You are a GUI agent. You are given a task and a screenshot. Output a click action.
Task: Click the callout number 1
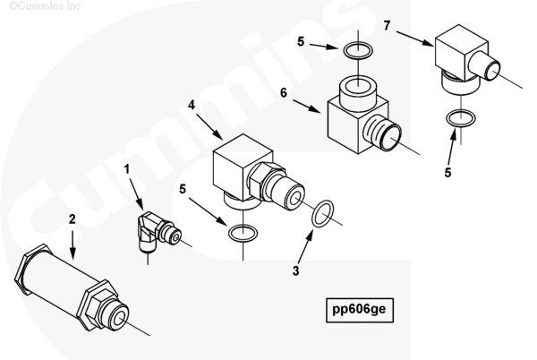tap(127, 169)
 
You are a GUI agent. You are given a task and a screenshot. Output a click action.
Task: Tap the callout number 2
tap(72, 219)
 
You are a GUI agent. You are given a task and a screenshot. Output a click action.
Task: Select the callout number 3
tap(296, 270)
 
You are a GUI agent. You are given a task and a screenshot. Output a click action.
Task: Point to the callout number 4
tap(192, 105)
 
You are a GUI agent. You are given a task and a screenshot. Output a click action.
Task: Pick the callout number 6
tap(284, 92)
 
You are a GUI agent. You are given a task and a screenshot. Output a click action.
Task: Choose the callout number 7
tap(387, 25)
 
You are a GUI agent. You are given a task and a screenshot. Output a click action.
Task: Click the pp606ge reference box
tap(359, 310)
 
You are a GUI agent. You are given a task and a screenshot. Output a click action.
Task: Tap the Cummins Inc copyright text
tap(45, 6)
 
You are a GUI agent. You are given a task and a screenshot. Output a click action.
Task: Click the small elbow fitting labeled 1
tap(158, 233)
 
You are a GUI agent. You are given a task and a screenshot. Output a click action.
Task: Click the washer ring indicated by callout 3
tap(323, 214)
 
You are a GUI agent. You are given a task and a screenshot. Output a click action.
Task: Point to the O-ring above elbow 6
tap(358, 51)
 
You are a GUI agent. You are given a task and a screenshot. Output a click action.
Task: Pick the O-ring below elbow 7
tap(461, 118)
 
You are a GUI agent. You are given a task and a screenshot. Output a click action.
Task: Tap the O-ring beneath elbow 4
tap(243, 233)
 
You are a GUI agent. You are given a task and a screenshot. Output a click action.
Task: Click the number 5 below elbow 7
tap(448, 172)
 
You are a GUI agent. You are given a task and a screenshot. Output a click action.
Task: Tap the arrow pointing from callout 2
tap(72, 244)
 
